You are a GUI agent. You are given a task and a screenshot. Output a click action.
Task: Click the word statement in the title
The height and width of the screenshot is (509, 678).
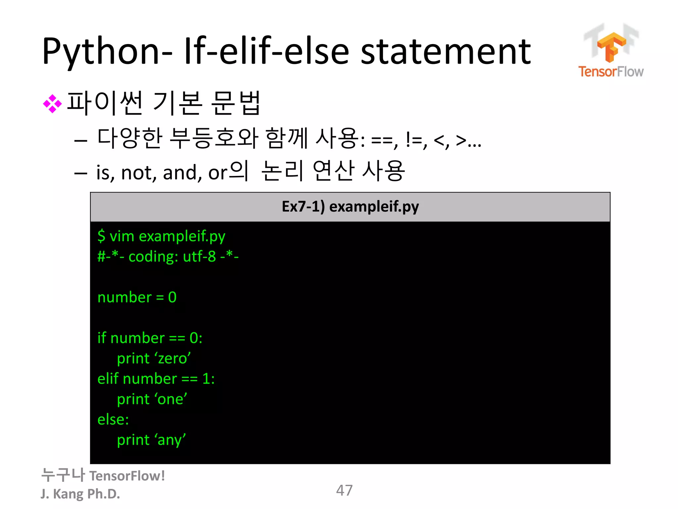point(445,51)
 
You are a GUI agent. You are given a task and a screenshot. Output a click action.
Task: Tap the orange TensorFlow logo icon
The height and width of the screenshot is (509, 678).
point(611,46)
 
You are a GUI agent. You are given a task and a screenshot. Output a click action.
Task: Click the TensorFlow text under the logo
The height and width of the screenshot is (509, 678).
point(611,72)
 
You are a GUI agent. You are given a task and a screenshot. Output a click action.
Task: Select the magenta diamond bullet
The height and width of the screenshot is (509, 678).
point(52,104)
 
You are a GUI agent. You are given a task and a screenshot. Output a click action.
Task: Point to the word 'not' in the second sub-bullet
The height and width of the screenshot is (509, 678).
point(138,173)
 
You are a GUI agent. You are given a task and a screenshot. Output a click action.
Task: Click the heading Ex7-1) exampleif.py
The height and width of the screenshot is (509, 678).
point(350,206)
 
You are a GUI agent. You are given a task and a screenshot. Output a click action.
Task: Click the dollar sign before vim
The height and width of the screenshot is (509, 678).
point(101,236)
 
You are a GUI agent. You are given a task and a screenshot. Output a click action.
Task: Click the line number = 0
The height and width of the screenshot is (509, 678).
point(137,297)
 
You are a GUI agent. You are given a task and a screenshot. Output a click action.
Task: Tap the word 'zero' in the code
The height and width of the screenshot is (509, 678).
point(174,359)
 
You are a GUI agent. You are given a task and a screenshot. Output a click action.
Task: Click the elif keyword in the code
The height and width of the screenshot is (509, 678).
point(108,379)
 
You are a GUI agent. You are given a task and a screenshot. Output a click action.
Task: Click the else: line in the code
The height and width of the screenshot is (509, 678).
point(113,420)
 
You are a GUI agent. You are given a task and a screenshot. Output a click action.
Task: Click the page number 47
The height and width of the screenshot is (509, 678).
point(344,490)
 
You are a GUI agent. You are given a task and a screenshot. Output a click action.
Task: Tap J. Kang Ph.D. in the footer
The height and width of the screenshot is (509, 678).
point(80,494)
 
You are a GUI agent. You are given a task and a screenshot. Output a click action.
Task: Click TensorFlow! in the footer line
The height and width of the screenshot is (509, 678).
point(127,476)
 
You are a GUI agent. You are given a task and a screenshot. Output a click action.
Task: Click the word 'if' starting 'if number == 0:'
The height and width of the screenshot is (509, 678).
point(101,338)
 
